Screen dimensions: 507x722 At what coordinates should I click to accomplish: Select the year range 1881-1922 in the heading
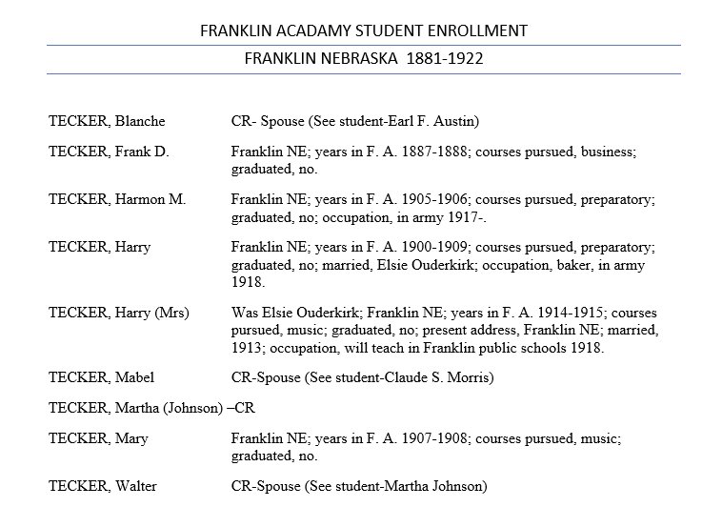tap(445, 58)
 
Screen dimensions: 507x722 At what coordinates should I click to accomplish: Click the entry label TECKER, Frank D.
tap(109, 152)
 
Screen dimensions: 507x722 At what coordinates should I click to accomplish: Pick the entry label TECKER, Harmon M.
tap(116, 200)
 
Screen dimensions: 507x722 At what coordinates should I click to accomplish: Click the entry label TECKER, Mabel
tap(102, 377)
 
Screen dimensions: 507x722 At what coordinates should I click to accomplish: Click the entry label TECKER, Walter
tap(104, 486)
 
